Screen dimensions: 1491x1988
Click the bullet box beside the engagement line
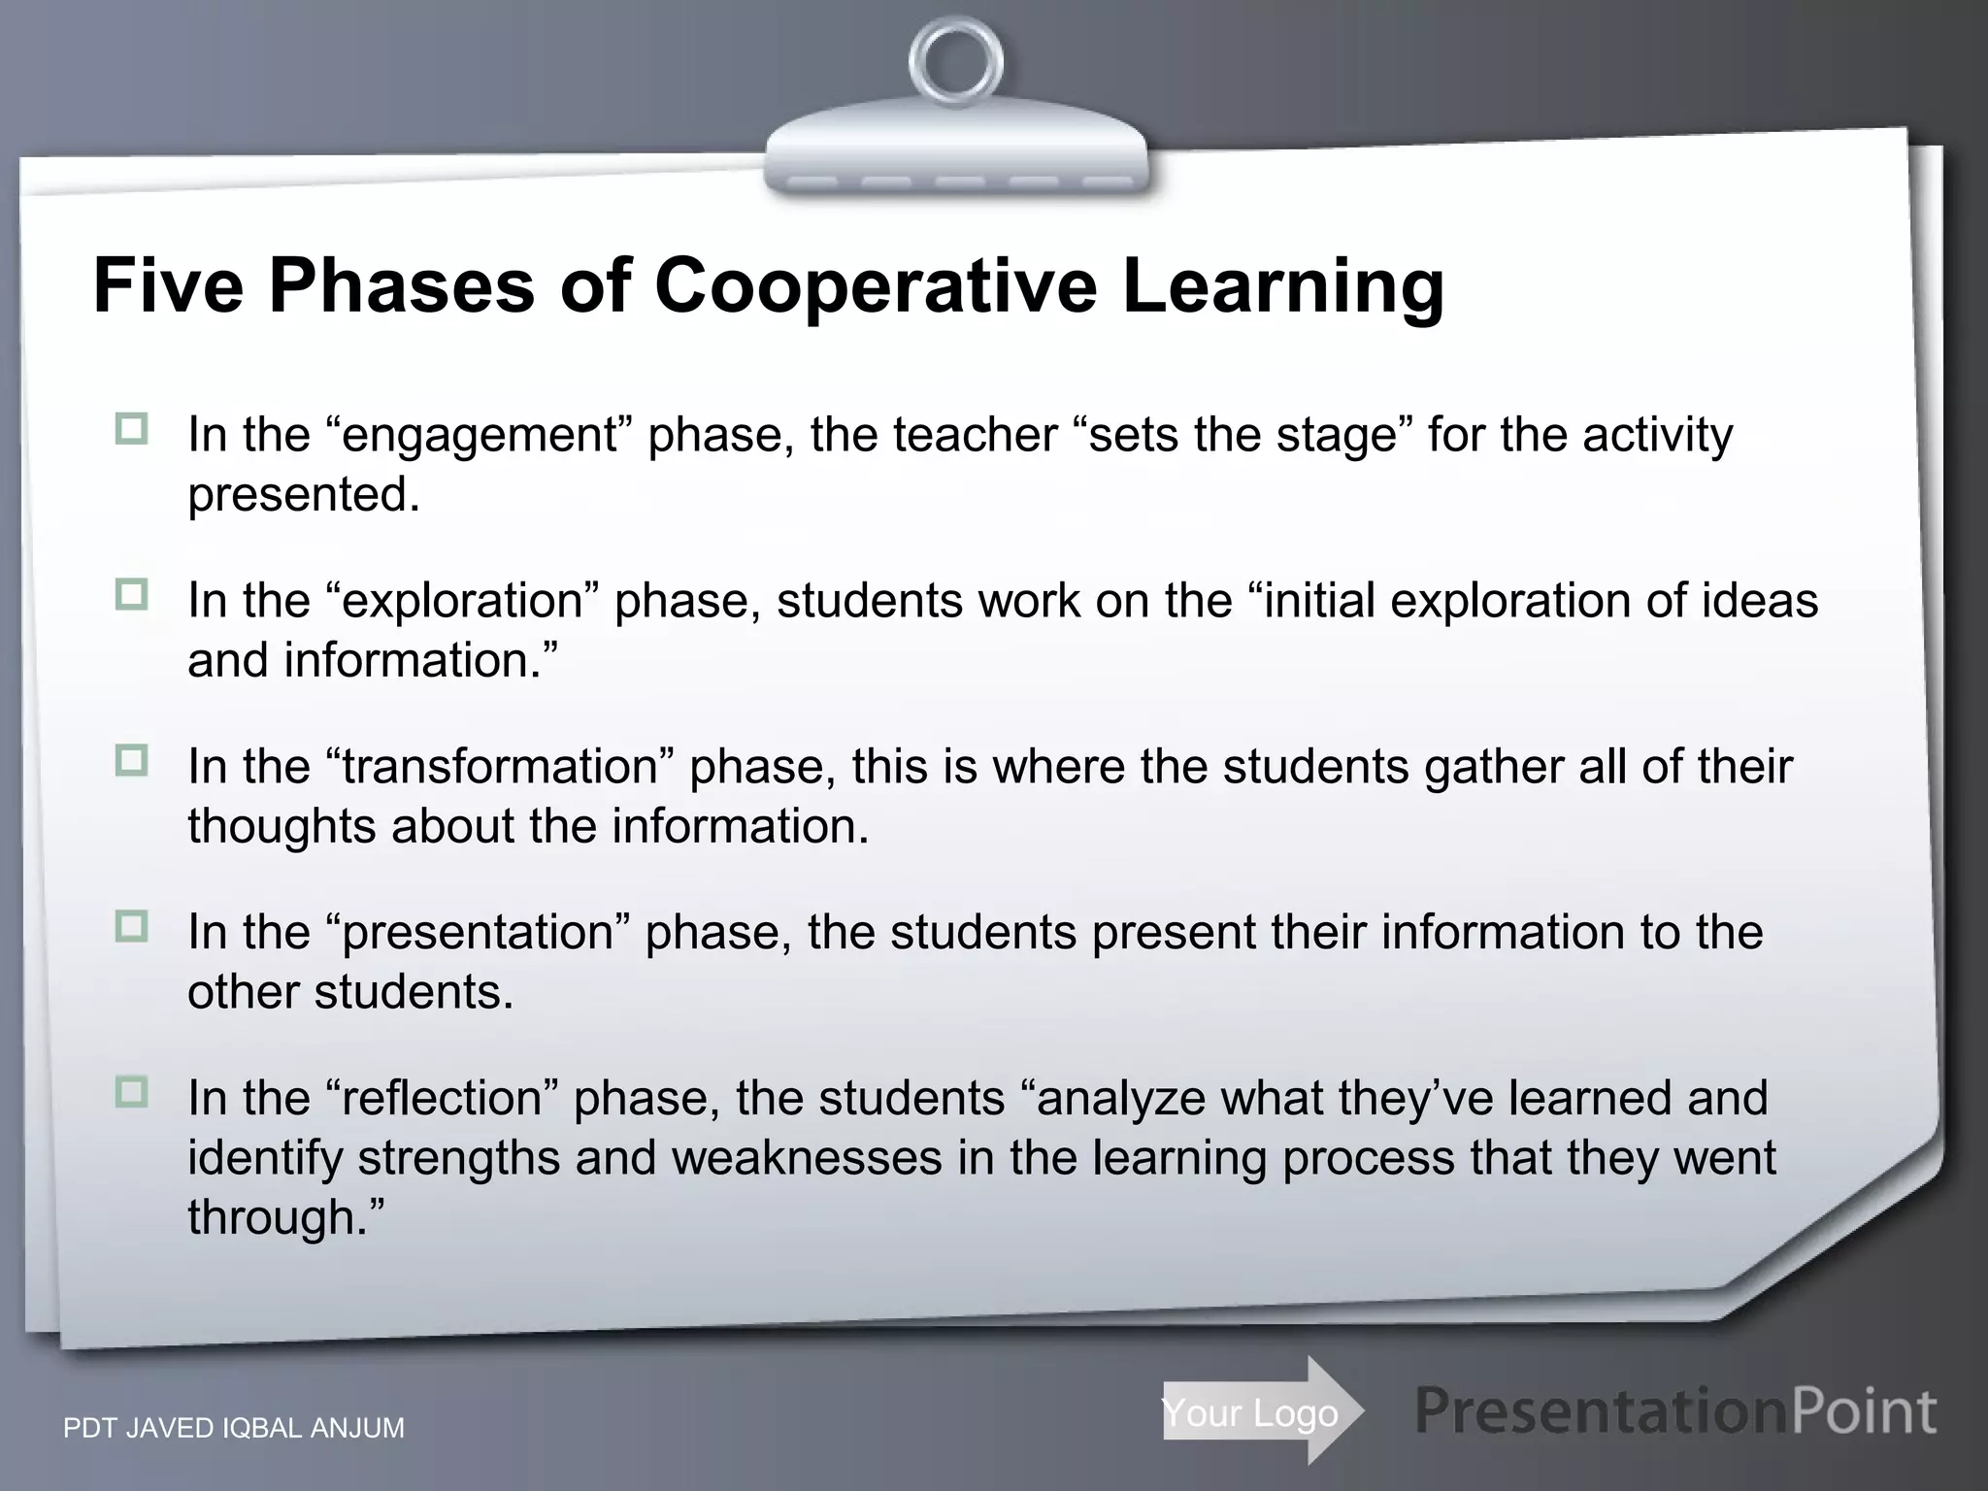[131, 428]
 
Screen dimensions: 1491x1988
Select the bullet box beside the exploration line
[131, 594]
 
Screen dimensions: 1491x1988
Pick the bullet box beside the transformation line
[131, 760]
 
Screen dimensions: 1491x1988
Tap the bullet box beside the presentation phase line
[131, 926]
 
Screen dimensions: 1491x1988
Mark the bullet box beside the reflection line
[131, 1092]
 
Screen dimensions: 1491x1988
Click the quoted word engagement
[480, 435]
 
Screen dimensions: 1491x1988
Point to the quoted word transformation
[500, 767]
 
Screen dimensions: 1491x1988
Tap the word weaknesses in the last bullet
[806, 1158]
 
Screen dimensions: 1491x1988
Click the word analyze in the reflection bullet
[1120, 1099]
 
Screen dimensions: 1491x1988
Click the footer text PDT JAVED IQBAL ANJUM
[234, 1429]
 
